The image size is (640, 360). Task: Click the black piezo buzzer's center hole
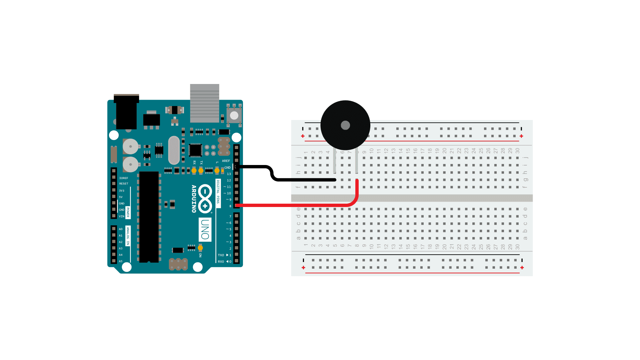345,125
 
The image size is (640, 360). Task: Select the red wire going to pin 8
293,205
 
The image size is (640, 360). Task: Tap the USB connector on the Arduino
204,103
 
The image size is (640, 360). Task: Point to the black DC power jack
126,112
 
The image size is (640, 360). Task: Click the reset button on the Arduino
234,115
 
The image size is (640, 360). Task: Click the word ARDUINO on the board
194,199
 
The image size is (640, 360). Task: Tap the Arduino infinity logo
205,199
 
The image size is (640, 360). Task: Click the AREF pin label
226,161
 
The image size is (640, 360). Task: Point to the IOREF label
124,178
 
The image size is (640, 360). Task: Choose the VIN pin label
122,216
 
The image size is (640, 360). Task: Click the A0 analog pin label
121,229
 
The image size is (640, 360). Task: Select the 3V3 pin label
122,191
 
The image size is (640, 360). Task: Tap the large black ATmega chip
149,217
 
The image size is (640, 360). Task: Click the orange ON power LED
200,248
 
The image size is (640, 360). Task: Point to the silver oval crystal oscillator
174,150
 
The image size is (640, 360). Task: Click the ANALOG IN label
128,236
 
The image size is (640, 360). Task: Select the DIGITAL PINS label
218,192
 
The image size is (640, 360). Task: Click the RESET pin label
124,184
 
